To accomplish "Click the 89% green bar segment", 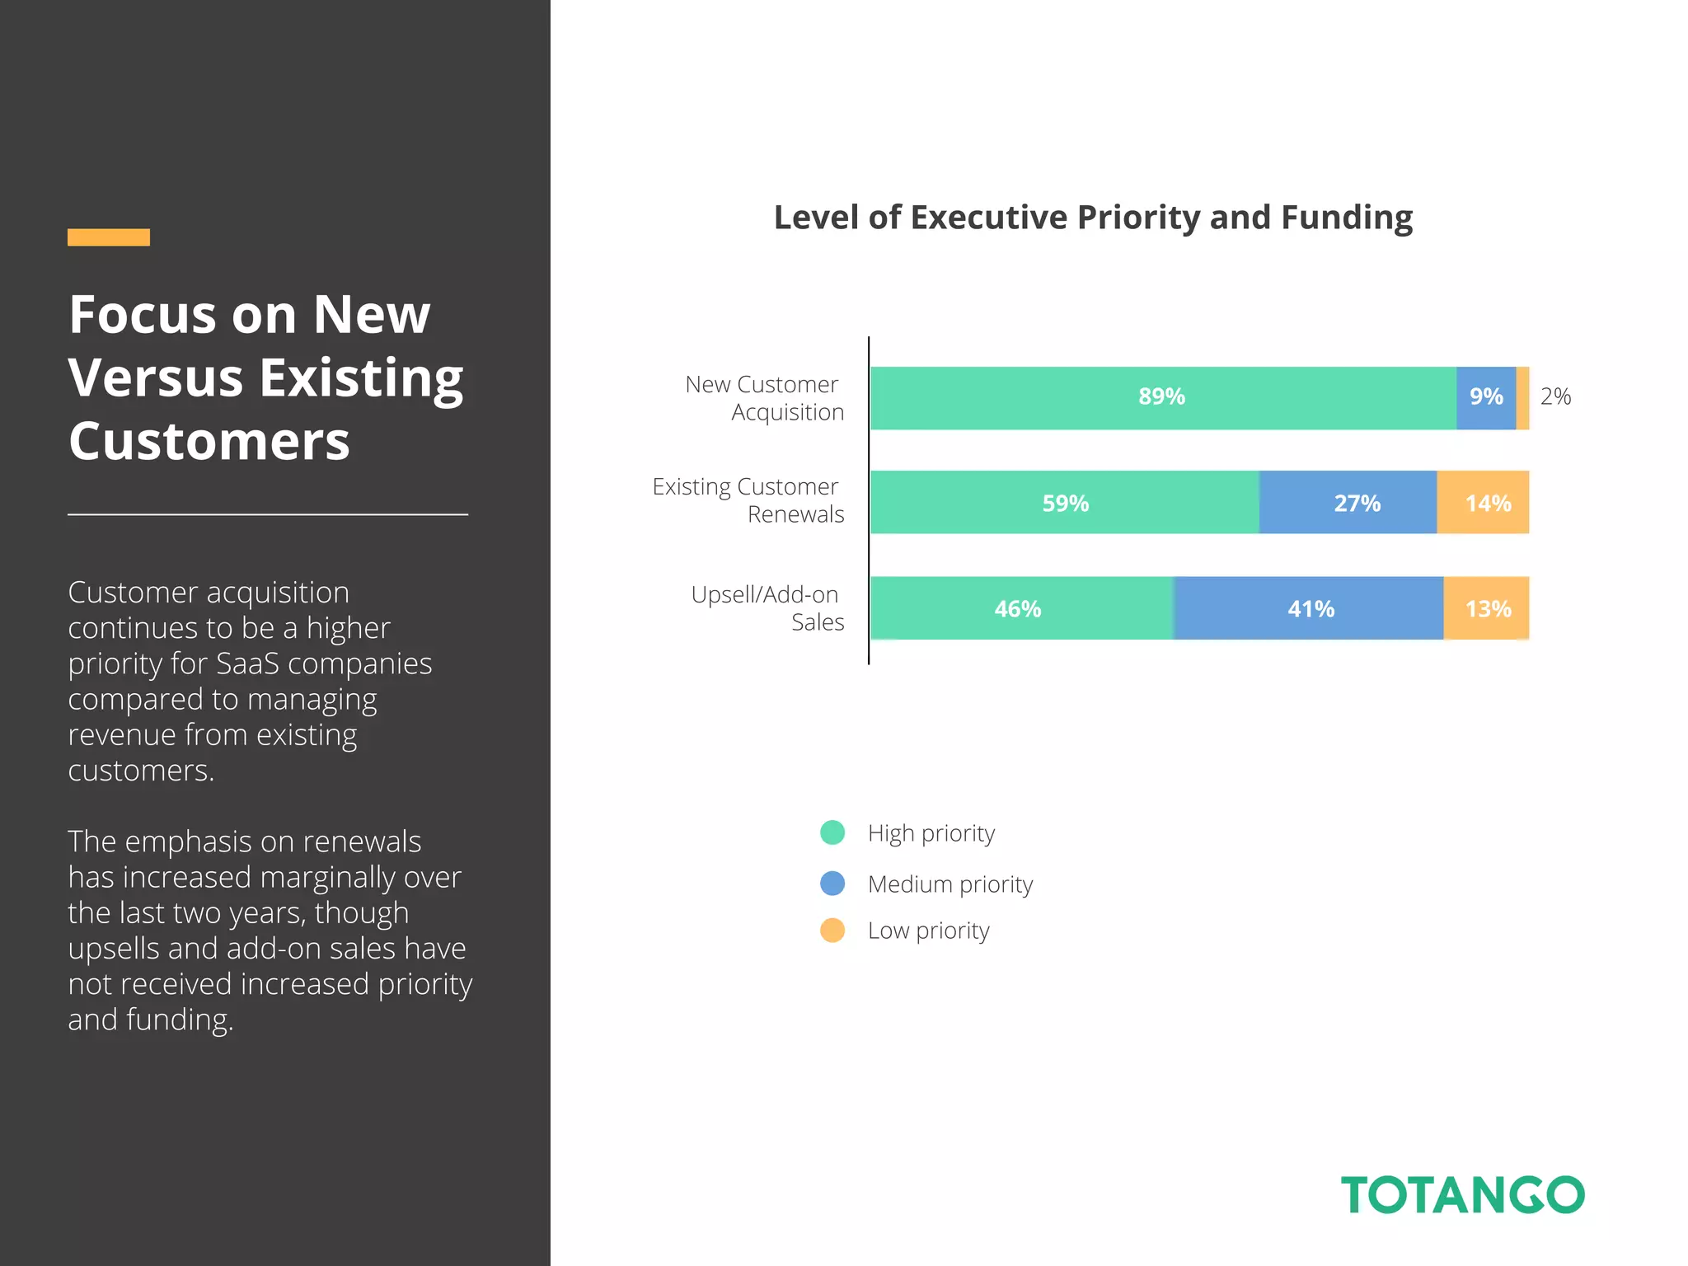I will tap(1162, 397).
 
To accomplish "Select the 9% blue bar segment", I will tap(1485, 397).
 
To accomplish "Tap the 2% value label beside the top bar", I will tap(1555, 397).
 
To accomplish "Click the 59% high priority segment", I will tap(1065, 503).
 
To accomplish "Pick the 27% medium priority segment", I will tap(1348, 503).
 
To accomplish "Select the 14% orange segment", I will tap(1484, 503).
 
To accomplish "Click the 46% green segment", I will tap(1020, 609).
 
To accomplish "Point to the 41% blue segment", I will tap(1309, 609).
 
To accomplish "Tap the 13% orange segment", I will tap(1486, 609).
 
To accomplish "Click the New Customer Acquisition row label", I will tap(764, 398).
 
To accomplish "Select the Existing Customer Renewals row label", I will tap(748, 500).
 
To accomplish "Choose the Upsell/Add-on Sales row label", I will tap(767, 607).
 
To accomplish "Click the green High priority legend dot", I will tap(832, 832).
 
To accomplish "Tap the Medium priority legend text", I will tap(949, 884).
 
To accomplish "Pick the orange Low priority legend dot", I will tap(832, 931).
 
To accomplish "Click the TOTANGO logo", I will tap(1462, 1195).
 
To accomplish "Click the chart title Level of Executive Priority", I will tap(1093, 218).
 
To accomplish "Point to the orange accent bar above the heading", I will tap(109, 237).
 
